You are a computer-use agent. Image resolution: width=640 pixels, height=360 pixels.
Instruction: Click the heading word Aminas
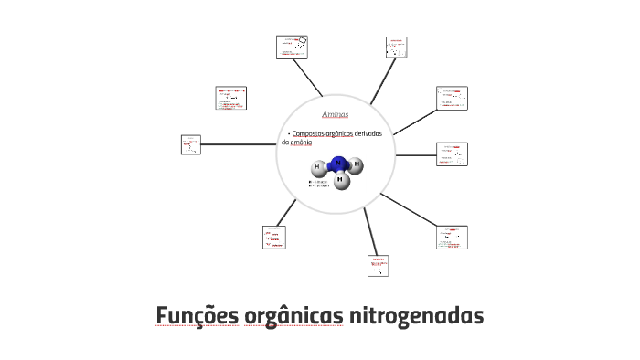(x=336, y=115)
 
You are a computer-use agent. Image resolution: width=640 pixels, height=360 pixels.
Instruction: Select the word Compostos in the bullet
(x=308, y=134)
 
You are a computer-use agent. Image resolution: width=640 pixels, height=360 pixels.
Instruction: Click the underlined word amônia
(x=302, y=143)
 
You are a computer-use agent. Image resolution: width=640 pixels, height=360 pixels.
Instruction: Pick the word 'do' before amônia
(x=284, y=143)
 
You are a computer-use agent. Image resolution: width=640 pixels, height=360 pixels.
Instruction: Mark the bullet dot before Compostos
(x=288, y=134)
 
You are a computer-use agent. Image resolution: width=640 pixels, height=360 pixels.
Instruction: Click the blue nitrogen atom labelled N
(x=338, y=164)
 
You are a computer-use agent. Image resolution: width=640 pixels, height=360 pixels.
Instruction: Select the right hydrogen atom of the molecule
(x=357, y=164)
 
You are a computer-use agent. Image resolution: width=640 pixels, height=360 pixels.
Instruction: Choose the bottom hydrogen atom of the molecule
(x=340, y=180)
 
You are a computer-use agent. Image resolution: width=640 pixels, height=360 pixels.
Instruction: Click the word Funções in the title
(x=197, y=316)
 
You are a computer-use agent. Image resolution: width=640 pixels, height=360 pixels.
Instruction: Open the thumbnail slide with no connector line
(x=230, y=98)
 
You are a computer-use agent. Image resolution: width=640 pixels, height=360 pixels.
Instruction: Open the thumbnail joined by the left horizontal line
(x=190, y=144)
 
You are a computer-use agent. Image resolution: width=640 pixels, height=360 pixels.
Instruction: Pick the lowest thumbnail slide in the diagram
(x=379, y=266)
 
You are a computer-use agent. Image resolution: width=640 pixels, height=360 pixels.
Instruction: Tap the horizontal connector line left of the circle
(x=238, y=144)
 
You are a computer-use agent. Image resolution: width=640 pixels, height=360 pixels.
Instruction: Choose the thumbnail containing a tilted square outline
(x=293, y=47)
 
